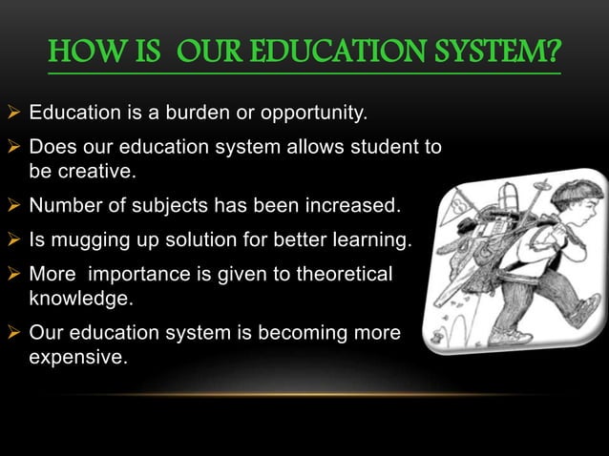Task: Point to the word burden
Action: coord(183,116)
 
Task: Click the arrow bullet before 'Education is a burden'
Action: coord(13,116)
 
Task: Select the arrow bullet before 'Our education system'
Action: coord(13,336)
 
